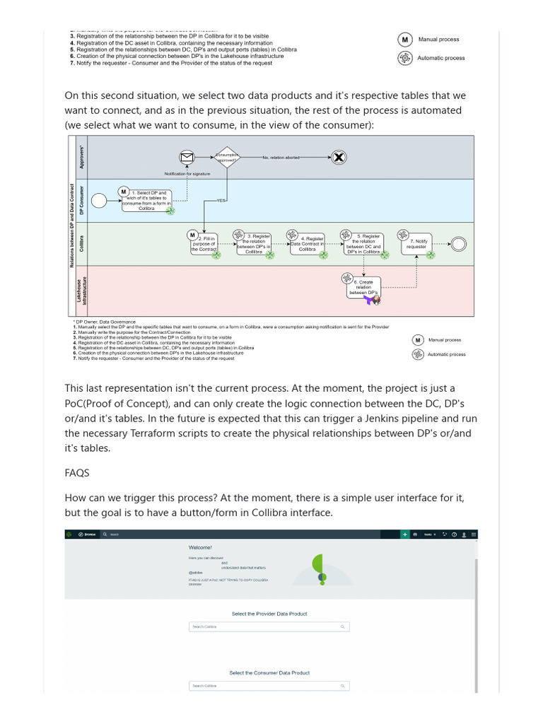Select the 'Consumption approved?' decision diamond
(x=226, y=158)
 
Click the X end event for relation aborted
(x=339, y=158)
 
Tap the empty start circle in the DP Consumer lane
(x=99, y=200)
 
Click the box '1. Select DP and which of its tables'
(x=146, y=199)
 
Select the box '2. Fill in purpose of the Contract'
(x=204, y=244)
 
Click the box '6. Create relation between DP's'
(x=363, y=287)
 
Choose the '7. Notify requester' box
(x=416, y=244)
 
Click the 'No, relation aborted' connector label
(x=283, y=158)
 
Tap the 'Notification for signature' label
(x=187, y=173)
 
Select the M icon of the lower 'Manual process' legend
(x=417, y=340)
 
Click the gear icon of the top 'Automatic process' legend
(x=405, y=58)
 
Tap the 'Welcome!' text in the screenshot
(x=200, y=548)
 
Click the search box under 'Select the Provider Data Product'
(x=269, y=626)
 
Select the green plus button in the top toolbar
(x=404, y=535)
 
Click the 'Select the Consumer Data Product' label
(x=269, y=672)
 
